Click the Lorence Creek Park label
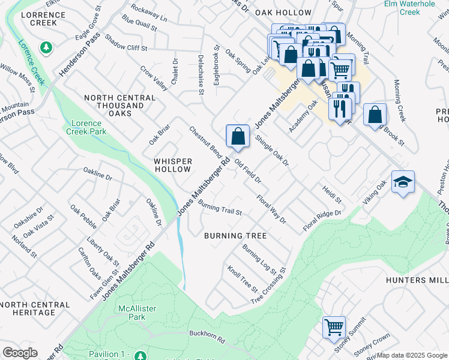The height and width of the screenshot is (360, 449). (x=86, y=127)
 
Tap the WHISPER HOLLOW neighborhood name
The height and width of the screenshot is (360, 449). (x=173, y=166)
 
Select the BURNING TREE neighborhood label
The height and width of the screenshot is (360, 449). (x=235, y=236)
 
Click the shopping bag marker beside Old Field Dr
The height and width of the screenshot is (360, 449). (x=238, y=136)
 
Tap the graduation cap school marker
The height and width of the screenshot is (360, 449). (x=402, y=182)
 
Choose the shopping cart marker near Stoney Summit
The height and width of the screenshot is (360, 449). (x=334, y=327)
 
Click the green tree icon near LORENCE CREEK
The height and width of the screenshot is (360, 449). (x=45, y=47)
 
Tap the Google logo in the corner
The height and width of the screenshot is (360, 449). (x=20, y=353)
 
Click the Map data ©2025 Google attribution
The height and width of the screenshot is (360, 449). (x=412, y=355)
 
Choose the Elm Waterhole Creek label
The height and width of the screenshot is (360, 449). (x=410, y=8)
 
